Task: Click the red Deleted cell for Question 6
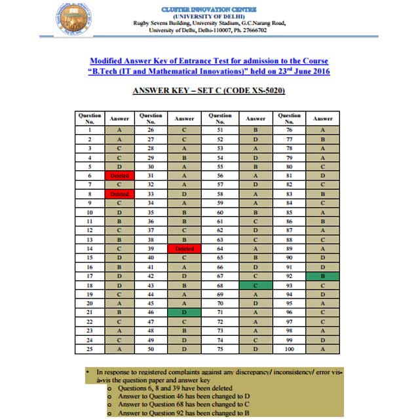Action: pyautogui.click(x=120, y=175)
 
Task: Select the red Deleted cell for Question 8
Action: pyautogui.click(x=120, y=194)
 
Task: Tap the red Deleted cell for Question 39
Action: pyautogui.click(x=185, y=249)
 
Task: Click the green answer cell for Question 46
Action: pyautogui.click(x=185, y=314)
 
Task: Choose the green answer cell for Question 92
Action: pyautogui.click(x=323, y=277)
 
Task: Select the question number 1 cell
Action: pyautogui.click(x=89, y=130)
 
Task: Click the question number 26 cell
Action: pyautogui.click(x=151, y=130)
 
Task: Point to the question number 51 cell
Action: pyautogui.click(x=220, y=130)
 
